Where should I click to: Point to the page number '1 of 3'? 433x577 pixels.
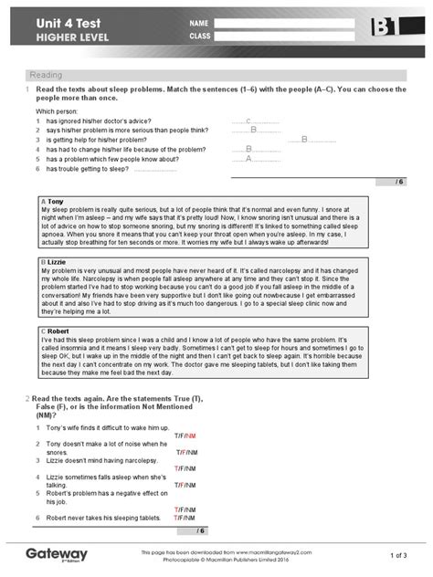397,555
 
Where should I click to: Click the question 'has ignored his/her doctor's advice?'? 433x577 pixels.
109,121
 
